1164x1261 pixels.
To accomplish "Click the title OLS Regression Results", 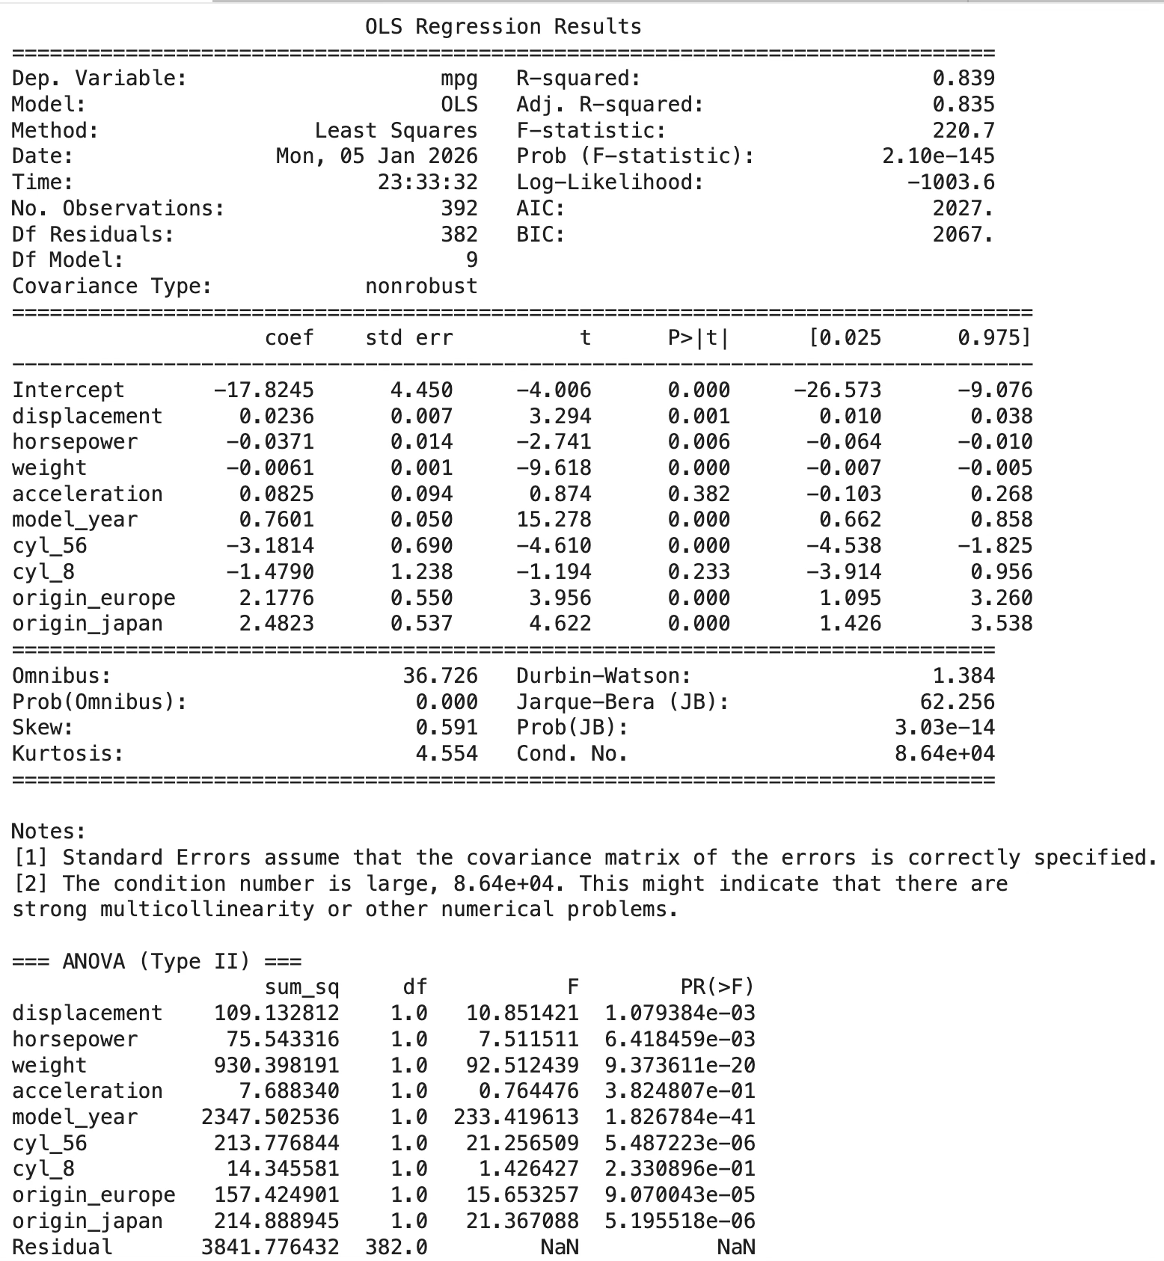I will point(503,27).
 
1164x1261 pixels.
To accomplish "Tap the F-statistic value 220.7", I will point(964,131).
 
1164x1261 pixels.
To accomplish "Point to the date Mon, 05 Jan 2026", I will point(376,156).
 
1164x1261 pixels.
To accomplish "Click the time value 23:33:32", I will point(427,182).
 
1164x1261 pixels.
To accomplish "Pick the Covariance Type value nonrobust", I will point(421,286).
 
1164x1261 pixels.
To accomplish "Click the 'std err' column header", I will point(408,338).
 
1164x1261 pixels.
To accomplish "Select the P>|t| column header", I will point(698,338).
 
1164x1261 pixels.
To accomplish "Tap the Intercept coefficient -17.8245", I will point(263,390).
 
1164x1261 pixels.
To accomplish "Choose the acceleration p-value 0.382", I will point(698,494).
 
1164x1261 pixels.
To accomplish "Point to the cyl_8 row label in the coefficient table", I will point(43,572).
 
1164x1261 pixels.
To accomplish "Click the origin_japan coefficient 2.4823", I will point(276,624).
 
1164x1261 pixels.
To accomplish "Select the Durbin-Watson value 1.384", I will point(964,676).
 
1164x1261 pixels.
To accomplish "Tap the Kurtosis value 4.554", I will point(447,754).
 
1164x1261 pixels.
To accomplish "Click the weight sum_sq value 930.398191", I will point(276,1066).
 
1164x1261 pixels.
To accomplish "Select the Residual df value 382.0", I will point(396,1248).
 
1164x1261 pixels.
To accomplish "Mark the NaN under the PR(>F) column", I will point(735,1248).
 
